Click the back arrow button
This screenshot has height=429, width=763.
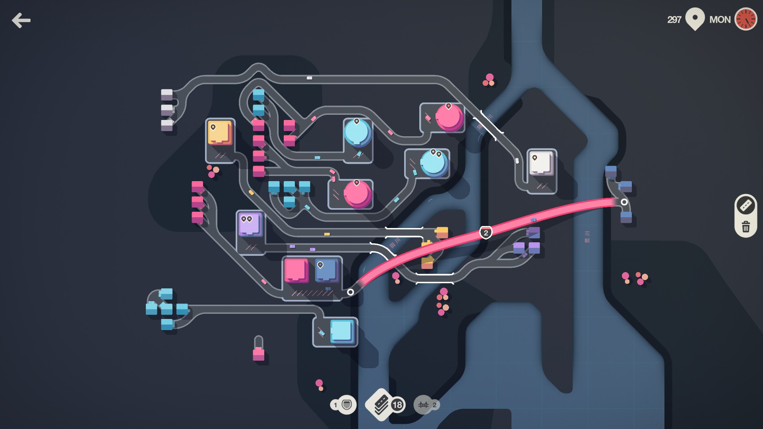click(21, 20)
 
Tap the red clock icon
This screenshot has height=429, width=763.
click(746, 19)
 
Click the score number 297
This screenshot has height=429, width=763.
click(674, 19)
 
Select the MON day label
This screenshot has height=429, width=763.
click(720, 19)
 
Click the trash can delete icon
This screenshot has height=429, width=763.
click(746, 227)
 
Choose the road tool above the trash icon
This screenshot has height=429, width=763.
click(746, 205)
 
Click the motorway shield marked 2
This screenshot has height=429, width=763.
click(486, 233)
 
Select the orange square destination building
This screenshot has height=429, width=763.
click(220, 133)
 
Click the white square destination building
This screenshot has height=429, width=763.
click(541, 163)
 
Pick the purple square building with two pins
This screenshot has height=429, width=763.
click(250, 224)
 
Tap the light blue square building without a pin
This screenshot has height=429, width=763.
click(341, 331)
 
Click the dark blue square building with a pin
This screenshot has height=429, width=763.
click(326, 270)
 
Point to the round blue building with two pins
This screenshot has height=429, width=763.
click(434, 163)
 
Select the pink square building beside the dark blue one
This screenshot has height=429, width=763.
click(296, 270)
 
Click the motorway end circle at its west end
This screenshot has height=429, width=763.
click(350, 292)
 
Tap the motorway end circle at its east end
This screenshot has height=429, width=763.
click(624, 202)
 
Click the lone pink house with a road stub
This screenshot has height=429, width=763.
click(259, 353)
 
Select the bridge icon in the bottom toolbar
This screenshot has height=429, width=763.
click(424, 405)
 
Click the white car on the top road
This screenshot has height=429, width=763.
click(309, 78)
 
